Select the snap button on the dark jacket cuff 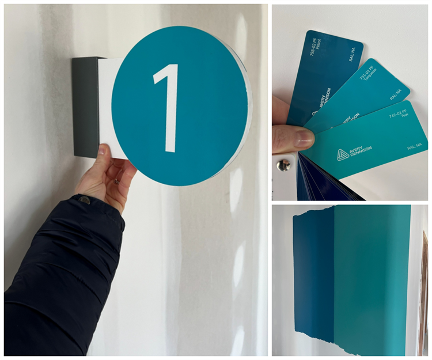tap(85, 200)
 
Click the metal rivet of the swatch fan tap(282, 166)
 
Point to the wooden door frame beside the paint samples tap(425, 288)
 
